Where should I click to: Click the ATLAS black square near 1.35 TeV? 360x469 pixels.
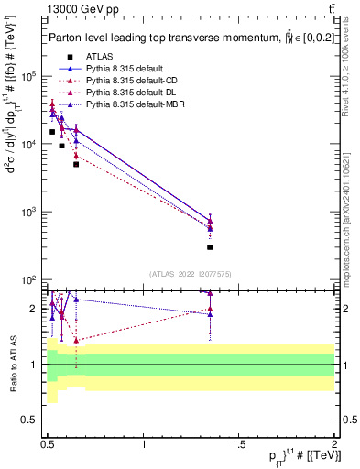(x=210, y=246)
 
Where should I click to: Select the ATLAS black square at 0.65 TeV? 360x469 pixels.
(x=76, y=164)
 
